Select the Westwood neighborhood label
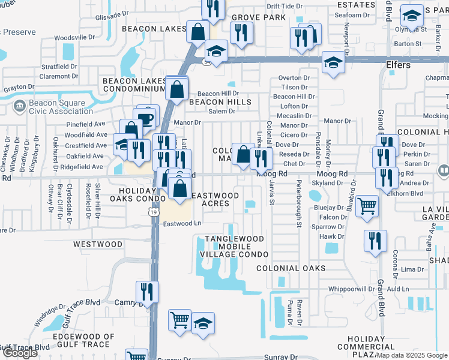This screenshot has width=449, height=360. click(98, 244)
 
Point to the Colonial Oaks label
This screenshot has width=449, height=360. click(291, 268)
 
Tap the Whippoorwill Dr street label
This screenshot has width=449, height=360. click(343, 289)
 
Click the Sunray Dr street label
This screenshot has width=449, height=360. click(281, 356)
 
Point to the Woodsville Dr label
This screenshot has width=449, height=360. click(75, 37)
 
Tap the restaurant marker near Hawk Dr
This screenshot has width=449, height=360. click(375, 241)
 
